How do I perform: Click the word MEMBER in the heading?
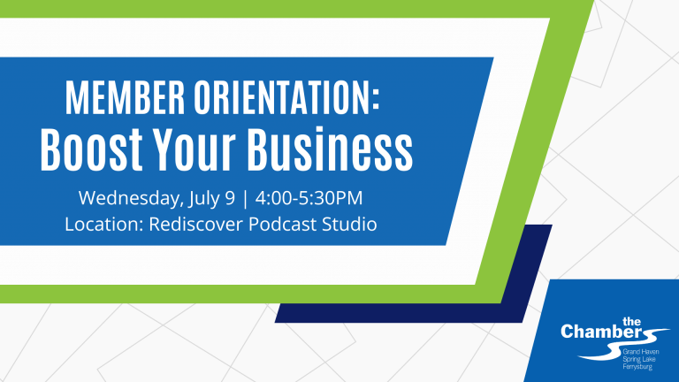point(126,98)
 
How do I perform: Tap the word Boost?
point(91,149)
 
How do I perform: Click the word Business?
point(330,149)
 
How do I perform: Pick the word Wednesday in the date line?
point(128,199)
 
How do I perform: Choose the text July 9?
point(211,199)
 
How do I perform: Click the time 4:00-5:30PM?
point(309,198)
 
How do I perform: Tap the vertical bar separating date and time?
point(246,199)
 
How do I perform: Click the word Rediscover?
point(195,225)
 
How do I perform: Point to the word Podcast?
point(282,225)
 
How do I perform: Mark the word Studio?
point(349,225)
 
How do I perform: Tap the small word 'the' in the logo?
point(631,322)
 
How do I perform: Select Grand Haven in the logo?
point(640,352)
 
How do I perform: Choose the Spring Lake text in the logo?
point(638,360)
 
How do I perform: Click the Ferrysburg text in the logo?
point(637,367)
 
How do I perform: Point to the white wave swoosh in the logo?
point(615,348)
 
